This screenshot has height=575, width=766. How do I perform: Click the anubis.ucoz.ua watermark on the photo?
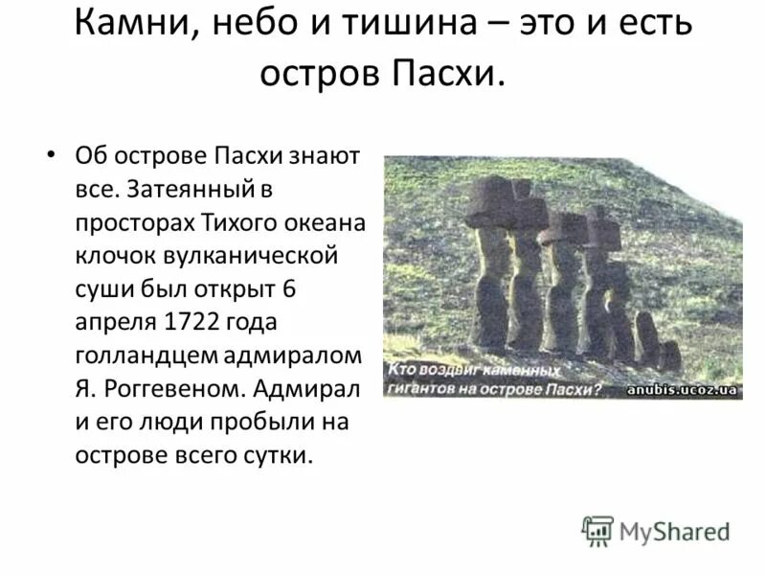tap(683, 389)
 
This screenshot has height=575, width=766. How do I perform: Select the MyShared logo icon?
tap(597, 530)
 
